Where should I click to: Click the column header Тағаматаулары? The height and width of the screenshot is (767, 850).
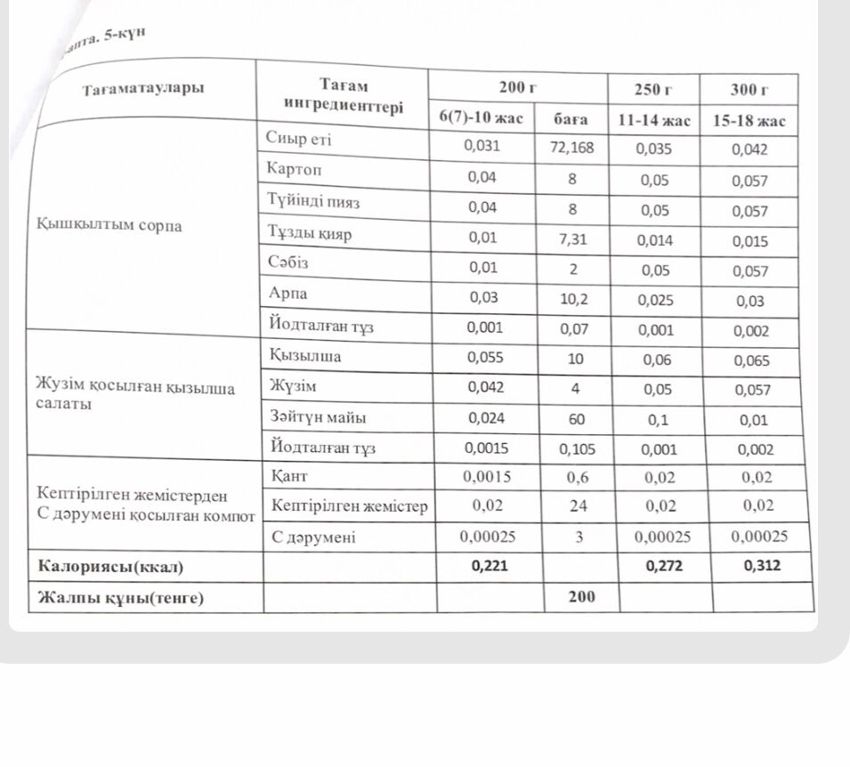[143, 89]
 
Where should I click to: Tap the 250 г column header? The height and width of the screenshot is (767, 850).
[653, 89]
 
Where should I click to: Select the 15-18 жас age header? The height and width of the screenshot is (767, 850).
[749, 120]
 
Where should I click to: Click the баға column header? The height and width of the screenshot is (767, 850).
[571, 118]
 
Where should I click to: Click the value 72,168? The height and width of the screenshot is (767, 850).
[571, 147]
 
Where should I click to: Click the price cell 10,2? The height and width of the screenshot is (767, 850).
[573, 300]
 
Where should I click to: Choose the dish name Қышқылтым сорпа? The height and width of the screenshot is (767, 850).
[109, 225]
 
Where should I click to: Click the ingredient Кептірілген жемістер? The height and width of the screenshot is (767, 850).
[349, 506]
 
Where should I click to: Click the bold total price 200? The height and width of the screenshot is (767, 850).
[581, 596]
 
